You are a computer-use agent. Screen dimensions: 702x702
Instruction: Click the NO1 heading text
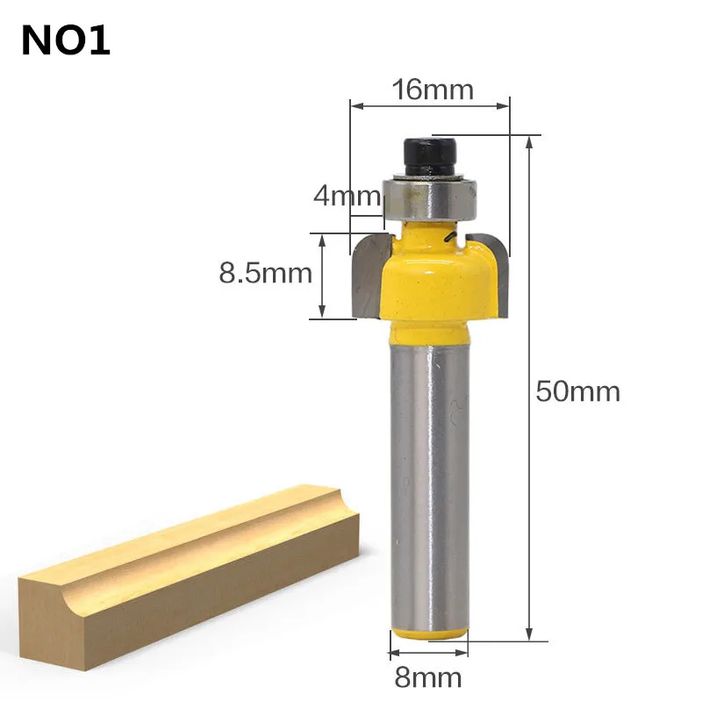(65, 40)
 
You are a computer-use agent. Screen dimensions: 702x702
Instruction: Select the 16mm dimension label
(433, 90)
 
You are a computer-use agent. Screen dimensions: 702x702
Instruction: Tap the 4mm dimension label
(347, 196)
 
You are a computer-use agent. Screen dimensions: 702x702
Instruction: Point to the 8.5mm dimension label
(266, 273)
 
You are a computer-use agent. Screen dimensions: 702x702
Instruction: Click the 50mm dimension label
(578, 391)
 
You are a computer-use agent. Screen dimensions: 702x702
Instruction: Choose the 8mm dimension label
(428, 677)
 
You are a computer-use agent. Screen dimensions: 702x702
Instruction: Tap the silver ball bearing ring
(429, 198)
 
